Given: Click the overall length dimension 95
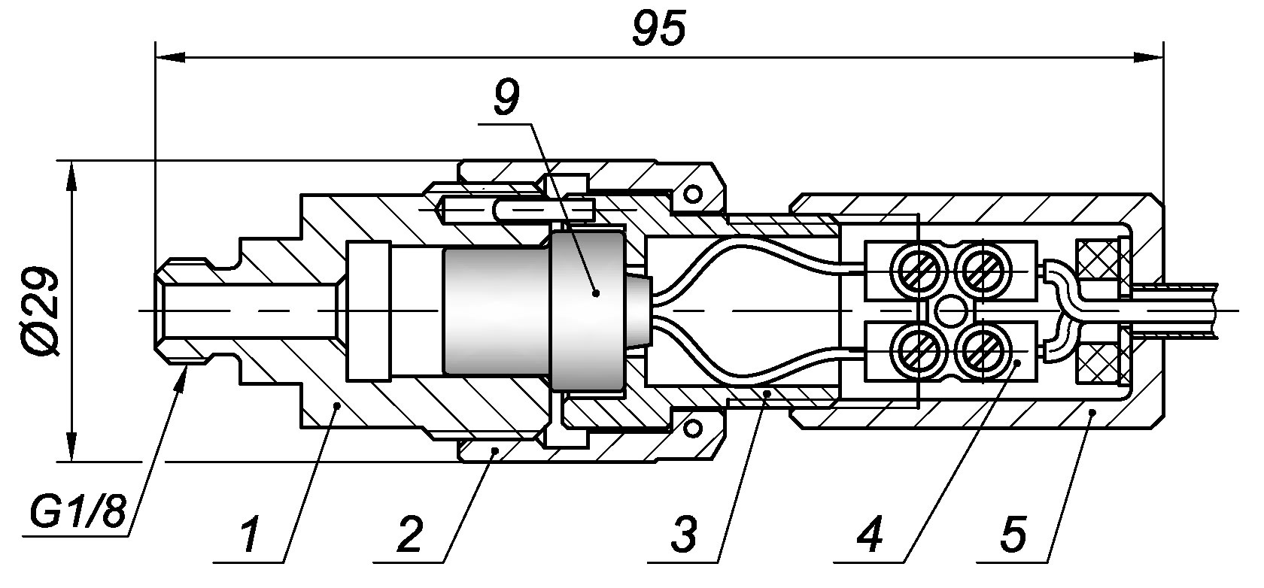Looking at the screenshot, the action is (x=658, y=29).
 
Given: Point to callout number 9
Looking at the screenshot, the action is (x=506, y=98).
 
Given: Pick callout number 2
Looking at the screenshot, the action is (x=409, y=534).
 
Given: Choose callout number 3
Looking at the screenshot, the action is (x=683, y=534).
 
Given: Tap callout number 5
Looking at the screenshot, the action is (x=1013, y=534).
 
